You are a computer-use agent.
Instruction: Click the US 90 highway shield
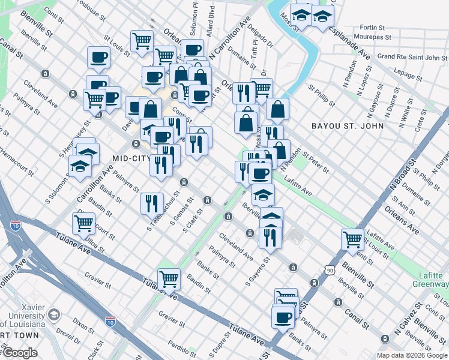point(330,271)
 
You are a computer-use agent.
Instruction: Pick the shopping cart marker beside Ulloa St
point(83,223)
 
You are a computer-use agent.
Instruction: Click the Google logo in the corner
point(19,353)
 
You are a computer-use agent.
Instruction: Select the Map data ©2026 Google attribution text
point(411,355)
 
